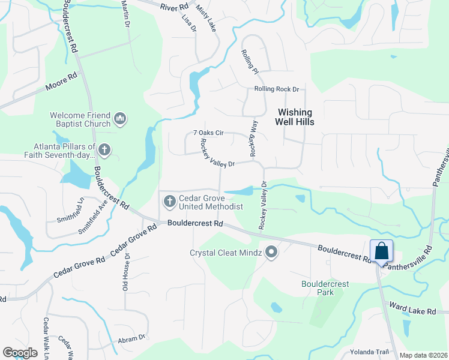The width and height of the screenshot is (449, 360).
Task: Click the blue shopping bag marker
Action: [x=382, y=251]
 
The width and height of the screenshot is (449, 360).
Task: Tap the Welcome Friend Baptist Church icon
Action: [x=120, y=119]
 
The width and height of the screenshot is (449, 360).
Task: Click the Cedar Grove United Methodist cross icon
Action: [x=169, y=202]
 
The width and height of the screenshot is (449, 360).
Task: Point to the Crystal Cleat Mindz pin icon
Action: [x=271, y=253]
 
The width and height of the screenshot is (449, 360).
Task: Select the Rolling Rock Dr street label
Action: [x=276, y=89]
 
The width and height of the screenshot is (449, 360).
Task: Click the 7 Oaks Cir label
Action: [x=208, y=133]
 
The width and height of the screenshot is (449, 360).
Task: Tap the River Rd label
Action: [x=174, y=7]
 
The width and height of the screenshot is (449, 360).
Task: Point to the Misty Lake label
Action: [x=206, y=18]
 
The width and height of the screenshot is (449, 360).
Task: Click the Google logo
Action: [x=20, y=352]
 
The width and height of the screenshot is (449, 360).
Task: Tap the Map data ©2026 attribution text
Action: [x=423, y=355]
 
